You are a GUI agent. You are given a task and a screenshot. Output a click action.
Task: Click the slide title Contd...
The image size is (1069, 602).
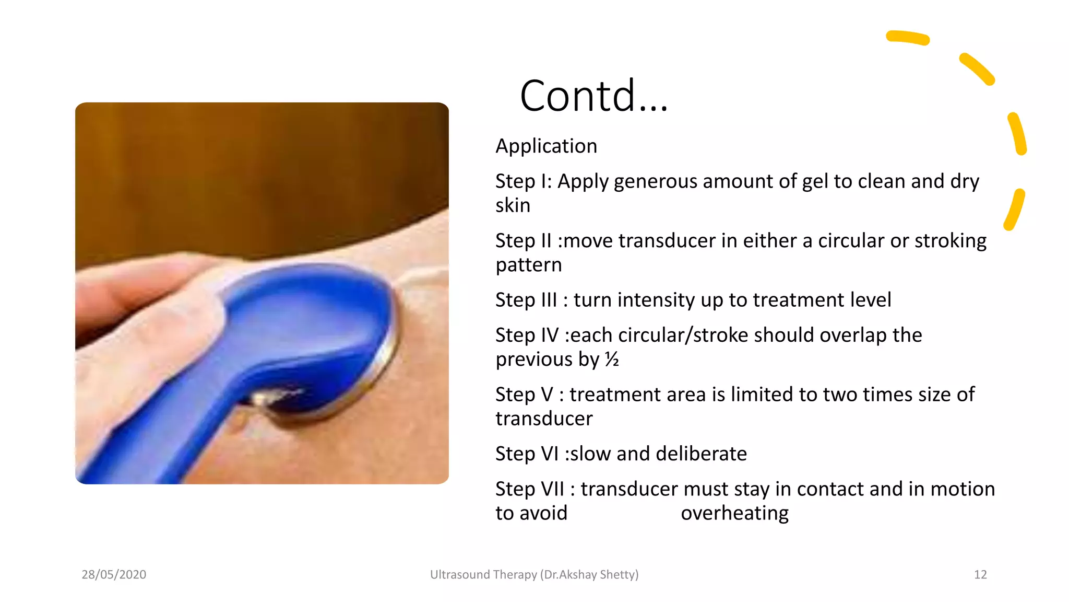tap(593, 96)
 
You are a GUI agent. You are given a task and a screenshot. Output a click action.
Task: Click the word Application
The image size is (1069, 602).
tap(546, 146)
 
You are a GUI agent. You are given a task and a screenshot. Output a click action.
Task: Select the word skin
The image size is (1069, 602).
tap(513, 205)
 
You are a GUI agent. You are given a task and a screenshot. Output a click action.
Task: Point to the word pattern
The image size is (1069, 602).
tap(528, 265)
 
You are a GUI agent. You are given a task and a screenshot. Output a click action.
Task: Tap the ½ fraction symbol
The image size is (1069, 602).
tap(612, 360)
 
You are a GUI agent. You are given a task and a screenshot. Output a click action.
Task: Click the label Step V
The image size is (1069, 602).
tap(524, 395)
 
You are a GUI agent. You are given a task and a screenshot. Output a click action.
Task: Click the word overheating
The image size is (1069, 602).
tap(734, 513)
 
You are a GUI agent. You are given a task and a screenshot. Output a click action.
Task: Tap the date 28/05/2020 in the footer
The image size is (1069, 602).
tap(114, 575)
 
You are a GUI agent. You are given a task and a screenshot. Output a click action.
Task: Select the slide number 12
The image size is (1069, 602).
tap(980, 575)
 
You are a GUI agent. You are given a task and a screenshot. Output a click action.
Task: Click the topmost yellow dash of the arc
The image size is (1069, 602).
tap(908, 38)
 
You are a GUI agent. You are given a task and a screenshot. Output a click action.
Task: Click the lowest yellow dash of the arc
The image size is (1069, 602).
tap(1014, 210)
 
